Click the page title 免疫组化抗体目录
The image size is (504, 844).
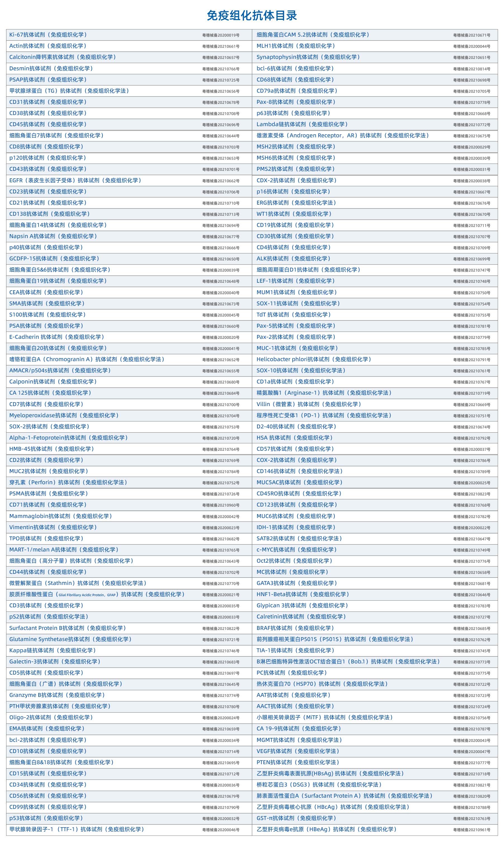click(x=252, y=16)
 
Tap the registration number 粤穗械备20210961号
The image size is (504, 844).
click(x=471, y=830)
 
